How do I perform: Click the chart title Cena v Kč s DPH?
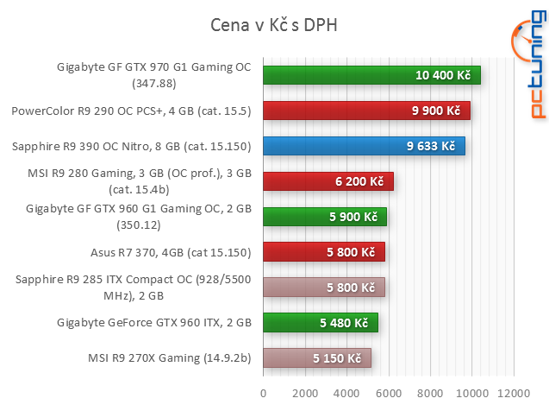(274, 25)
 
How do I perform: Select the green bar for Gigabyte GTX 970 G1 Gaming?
(371, 76)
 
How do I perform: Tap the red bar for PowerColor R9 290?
(366, 111)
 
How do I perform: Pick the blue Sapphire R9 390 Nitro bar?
(364, 146)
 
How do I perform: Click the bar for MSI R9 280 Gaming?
(328, 181)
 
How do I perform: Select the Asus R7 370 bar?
(324, 252)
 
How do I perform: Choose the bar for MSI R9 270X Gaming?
(317, 357)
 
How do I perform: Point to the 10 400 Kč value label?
(443, 76)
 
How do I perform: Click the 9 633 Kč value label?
(431, 146)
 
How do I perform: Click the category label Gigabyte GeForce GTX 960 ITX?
(153, 323)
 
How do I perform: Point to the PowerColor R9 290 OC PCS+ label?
(131, 111)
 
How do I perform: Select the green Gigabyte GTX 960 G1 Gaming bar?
(325, 217)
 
